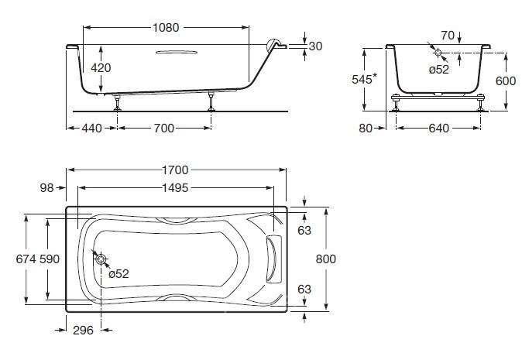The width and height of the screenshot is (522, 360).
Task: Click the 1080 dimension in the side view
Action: [x=166, y=28]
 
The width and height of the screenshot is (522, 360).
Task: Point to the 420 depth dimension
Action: [x=101, y=68]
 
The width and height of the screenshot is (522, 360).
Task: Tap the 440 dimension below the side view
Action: [x=91, y=128]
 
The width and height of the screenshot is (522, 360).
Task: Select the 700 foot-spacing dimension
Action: [x=163, y=128]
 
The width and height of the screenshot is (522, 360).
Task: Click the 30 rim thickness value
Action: [x=315, y=46]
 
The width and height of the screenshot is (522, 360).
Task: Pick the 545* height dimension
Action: [x=364, y=79]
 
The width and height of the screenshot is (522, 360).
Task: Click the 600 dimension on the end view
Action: [x=506, y=81]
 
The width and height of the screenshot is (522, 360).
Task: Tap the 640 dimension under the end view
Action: [x=439, y=128]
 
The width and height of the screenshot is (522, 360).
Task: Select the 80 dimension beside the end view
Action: [x=366, y=128]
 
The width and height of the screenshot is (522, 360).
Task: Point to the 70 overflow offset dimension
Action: [x=448, y=36]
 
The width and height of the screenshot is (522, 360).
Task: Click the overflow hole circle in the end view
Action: [x=438, y=52]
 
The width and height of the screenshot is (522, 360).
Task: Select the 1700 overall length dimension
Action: [x=175, y=170]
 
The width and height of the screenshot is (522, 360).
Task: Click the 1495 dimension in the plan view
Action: [x=175, y=188]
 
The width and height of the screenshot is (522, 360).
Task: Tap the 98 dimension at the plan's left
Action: [x=46, y=188]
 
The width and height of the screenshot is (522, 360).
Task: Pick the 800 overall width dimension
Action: [x=325, y=259]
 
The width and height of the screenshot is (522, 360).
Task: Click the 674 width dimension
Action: [x=26, y=259]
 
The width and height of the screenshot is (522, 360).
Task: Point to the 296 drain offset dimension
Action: [x=83, y=330]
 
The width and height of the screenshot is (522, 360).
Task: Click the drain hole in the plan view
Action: [x=101, y=259]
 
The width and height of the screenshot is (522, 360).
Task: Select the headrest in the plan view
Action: [x=273, y=259]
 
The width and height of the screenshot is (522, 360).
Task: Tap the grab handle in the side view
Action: [x=177, y=52]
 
